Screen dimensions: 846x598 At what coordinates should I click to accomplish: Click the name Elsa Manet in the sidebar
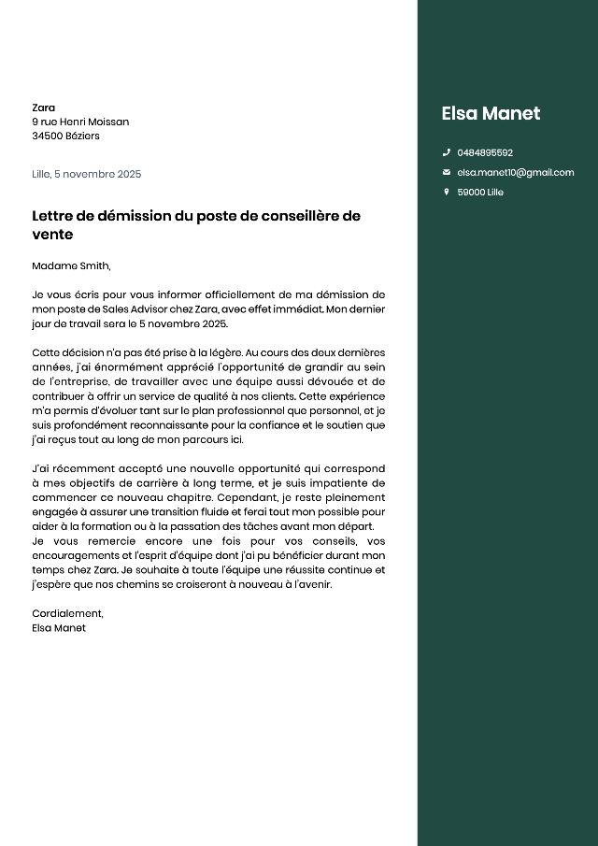click(491, 113)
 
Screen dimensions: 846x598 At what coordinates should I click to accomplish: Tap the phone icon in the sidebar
click(447, 152)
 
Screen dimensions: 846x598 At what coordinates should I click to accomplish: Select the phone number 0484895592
click(485, 152)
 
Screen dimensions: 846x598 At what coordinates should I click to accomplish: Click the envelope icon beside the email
click(447, 172)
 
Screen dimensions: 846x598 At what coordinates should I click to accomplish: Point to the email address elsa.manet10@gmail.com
click(515, 172)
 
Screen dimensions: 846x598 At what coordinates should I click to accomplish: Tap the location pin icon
click(447, 192)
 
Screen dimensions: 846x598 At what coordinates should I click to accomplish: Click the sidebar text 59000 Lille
click(480, 192)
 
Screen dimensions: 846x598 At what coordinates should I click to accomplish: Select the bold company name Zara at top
click(43, 108)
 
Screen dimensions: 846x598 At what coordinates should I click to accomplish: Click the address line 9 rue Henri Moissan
click(80, 122)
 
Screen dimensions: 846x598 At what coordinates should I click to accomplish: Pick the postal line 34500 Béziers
click(65, 136)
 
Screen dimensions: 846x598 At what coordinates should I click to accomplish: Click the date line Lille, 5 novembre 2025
click(86, 174)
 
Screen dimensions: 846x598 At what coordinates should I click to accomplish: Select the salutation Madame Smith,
click(71, 265)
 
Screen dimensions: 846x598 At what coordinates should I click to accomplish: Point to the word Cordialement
click(67, 613)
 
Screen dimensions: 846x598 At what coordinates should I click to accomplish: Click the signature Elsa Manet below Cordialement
click(59, 628)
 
